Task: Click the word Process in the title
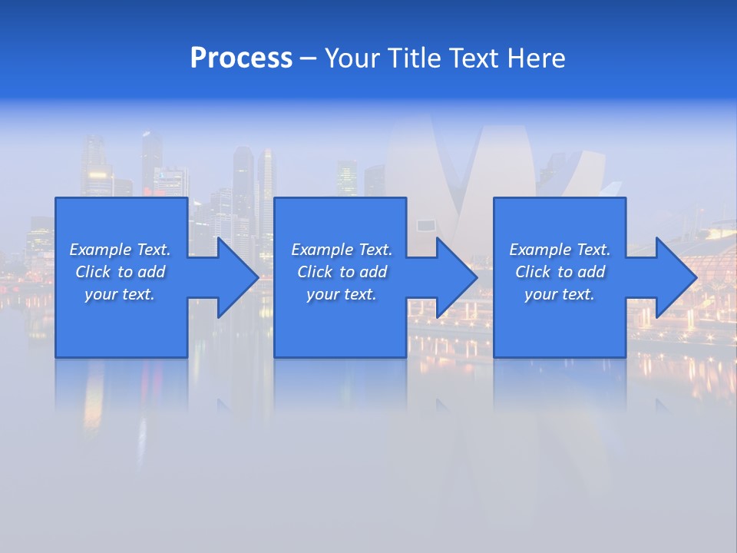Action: pyautogui.click(x=241, y=58)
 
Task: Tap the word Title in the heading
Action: pyautogui.click(x=413, y=58)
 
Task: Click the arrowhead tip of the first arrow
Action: pyautogui.click(x=259, y=277)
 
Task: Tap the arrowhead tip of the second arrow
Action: pyautogui.click(x=478, y=277)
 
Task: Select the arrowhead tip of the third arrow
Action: pyautogui.click(x=697, y=277)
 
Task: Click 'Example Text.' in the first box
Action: pyautogui.click(x=120, y=250)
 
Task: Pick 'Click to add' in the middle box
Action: pyautogui.click(x=342, y=272)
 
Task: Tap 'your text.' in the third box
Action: pyautogui.click(x=560, y=294)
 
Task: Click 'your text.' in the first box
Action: pyautogui.click(x=120, y=294)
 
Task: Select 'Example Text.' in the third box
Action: pyautogui.click(x=560, y=250)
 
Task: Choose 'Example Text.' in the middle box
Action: pyautogui.click(x=342, y=250)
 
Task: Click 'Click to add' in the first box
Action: pyautogui.click(x=120, y=272)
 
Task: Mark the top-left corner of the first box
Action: pyautogui.click(x=56, y=198)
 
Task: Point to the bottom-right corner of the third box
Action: pyautogui.click(x=625, y=356)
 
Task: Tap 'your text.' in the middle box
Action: pyautogui.click(x=342, y=294)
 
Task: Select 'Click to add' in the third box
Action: pyautogui.click(x=560, y=272)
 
